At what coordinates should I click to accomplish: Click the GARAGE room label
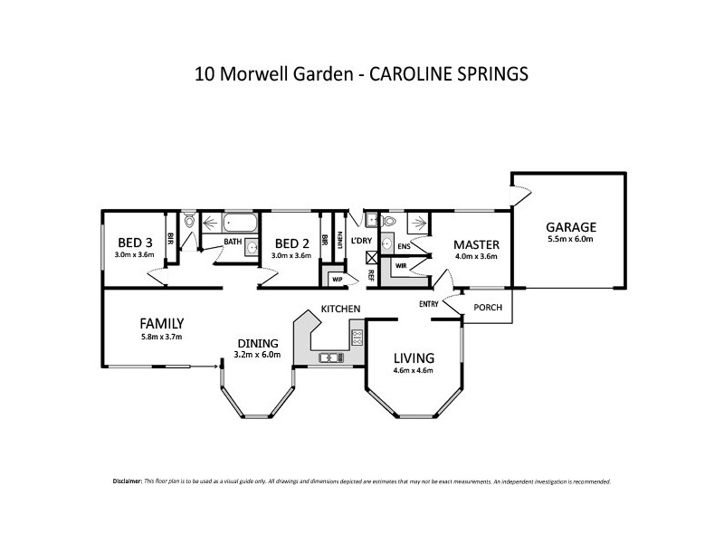(x=571, y=227)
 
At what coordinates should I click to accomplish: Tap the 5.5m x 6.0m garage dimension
(x=570, y=240)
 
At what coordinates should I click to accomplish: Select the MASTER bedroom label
(x=476, y=244)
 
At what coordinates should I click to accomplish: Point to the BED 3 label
(x=135, y=243)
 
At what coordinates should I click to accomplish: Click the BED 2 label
(x=291, y=243)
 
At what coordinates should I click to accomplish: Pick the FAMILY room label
(x=162, y=323)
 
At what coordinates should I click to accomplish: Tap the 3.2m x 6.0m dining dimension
(x=259, y=355)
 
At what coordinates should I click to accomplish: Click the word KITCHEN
(x=341, y=310)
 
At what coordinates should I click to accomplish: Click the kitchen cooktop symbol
(x=357, y=338)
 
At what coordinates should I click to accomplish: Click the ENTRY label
(x=429, y=304)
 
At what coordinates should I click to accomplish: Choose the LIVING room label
(x=414, y=357)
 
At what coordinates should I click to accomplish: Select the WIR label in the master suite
(x=399, y=266)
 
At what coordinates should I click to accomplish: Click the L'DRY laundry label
(x=361, y=240)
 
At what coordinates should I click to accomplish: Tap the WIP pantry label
(x=337, y=279)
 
